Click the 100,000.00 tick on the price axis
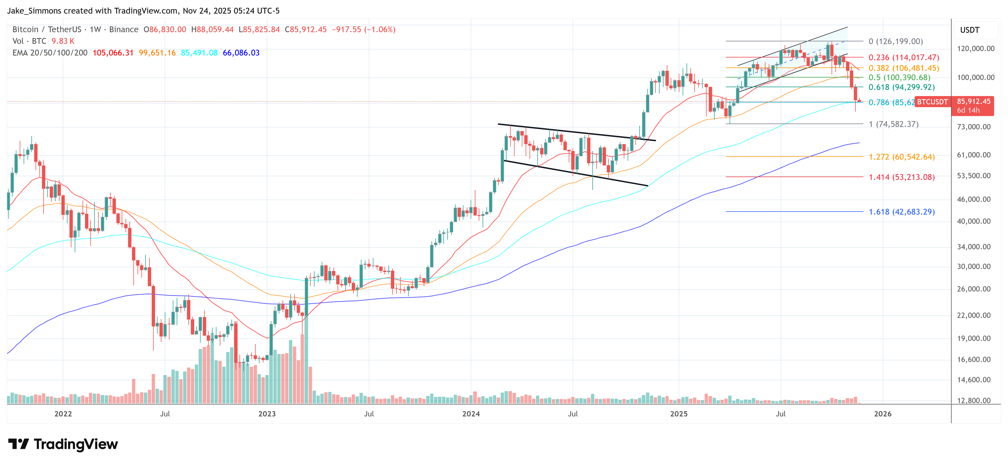tap(975, 77)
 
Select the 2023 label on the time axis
tap(267, 414)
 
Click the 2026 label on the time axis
tap(883, 414)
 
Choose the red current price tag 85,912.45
tap(973, 102)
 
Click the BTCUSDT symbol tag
tap(932, 102)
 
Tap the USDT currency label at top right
tap(970, 30)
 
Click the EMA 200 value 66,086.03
tap(241, 53)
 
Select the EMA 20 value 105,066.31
tap(113, 53)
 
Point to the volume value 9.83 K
tap(63, 41)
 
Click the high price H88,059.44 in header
tap(213, 29)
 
